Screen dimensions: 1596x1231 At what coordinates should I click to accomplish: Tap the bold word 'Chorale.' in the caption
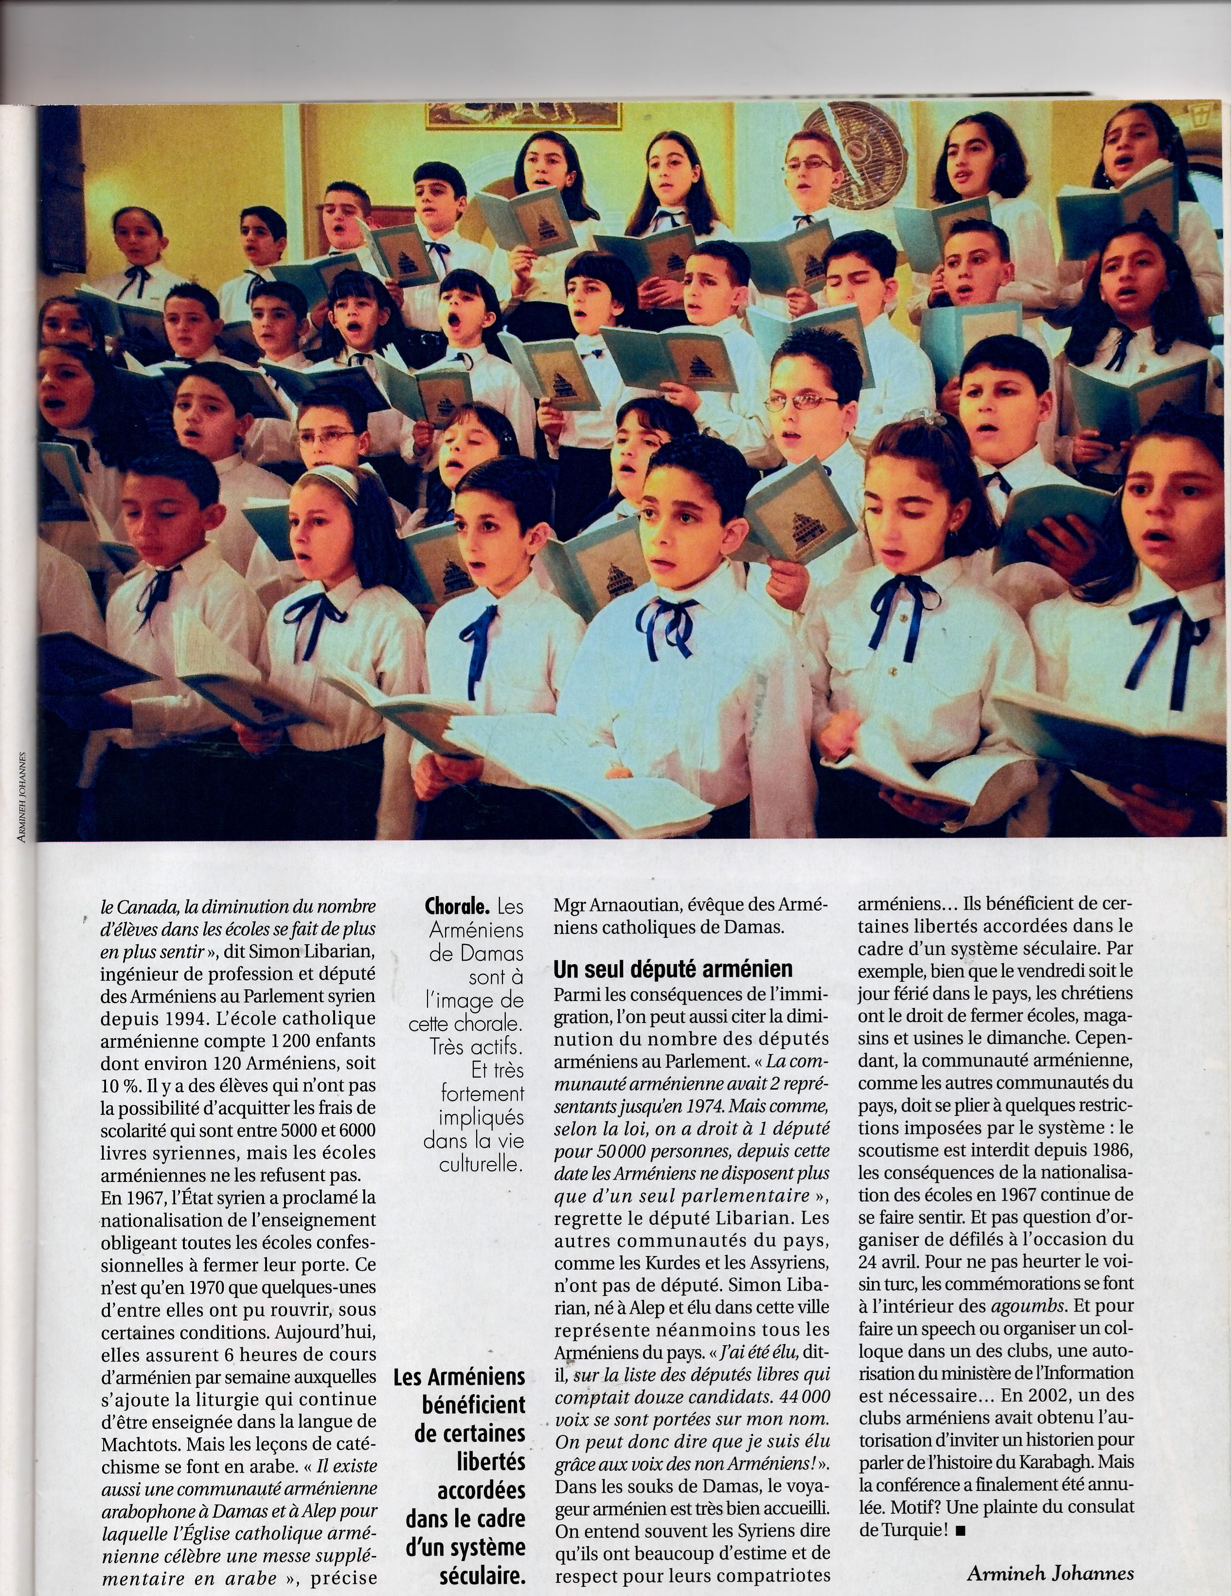(457, 907)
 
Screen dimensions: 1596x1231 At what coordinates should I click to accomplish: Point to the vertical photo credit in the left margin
(22, 796)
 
